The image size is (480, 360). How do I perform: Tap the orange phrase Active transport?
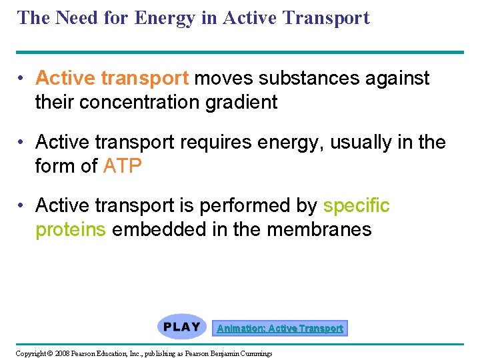click(112, 79)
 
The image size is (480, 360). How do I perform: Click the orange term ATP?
click(123, 165)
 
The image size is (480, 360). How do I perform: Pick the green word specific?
click(356, 206)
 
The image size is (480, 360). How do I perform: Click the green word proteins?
click(70, 229)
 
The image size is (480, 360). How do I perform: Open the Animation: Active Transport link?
click(280, 328)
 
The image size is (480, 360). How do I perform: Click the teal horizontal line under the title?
click(240, 52)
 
